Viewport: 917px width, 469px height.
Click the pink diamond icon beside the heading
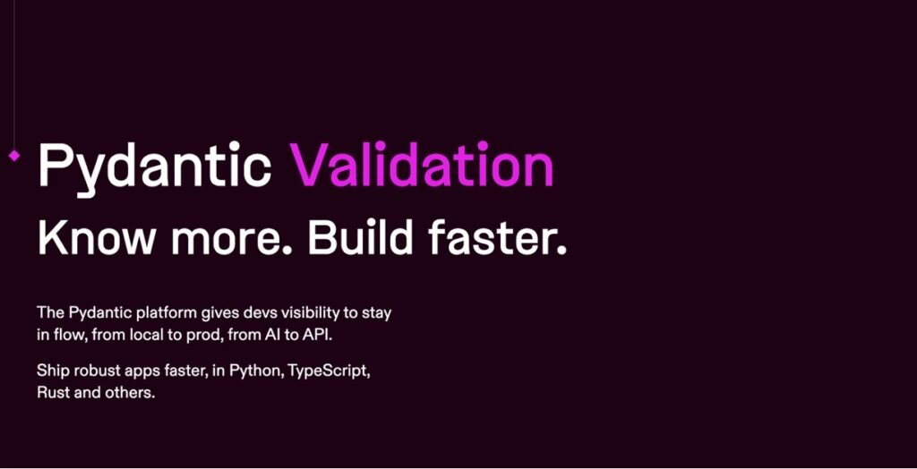coord(14,156)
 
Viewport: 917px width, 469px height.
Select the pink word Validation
coord(421,166)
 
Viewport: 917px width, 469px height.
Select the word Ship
coord(53,370)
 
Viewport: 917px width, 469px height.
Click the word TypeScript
coord(329,371)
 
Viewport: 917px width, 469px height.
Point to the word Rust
coord(52,392)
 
